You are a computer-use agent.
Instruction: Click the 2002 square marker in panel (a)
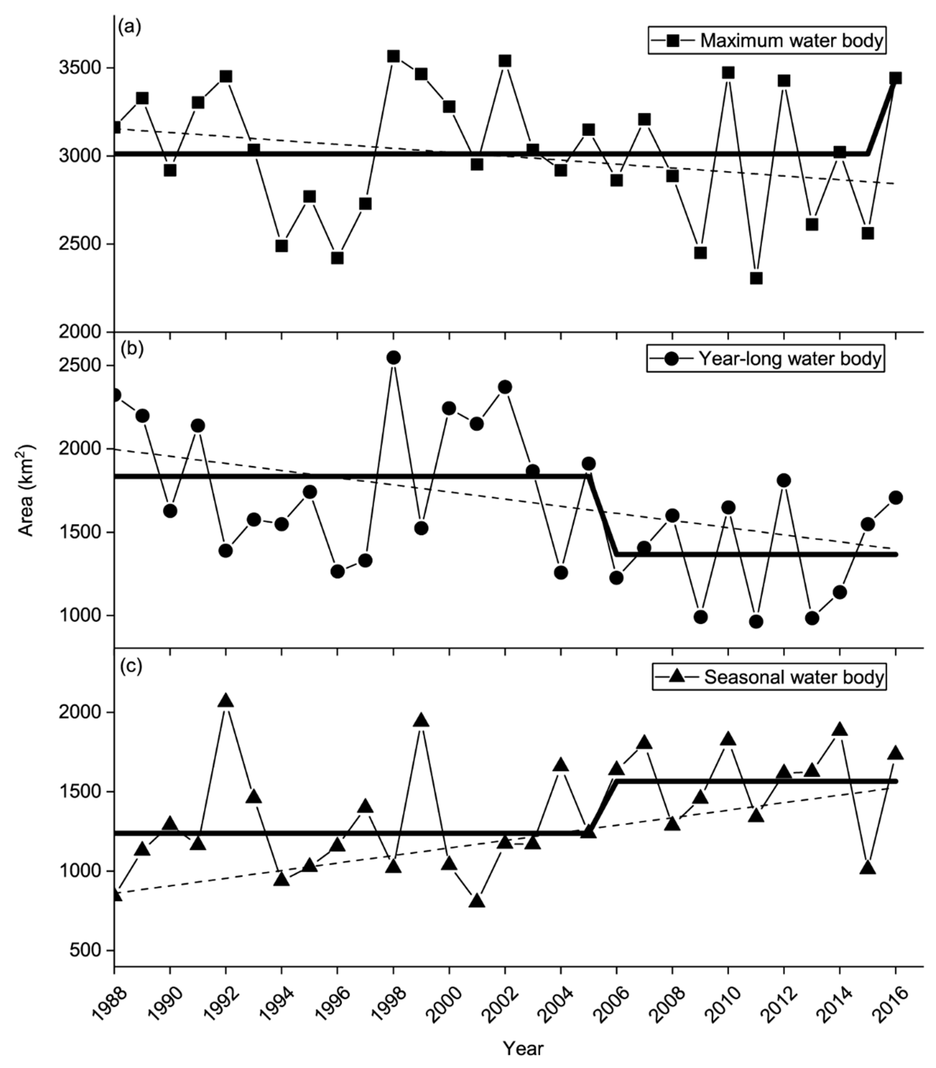pos(504,61)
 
